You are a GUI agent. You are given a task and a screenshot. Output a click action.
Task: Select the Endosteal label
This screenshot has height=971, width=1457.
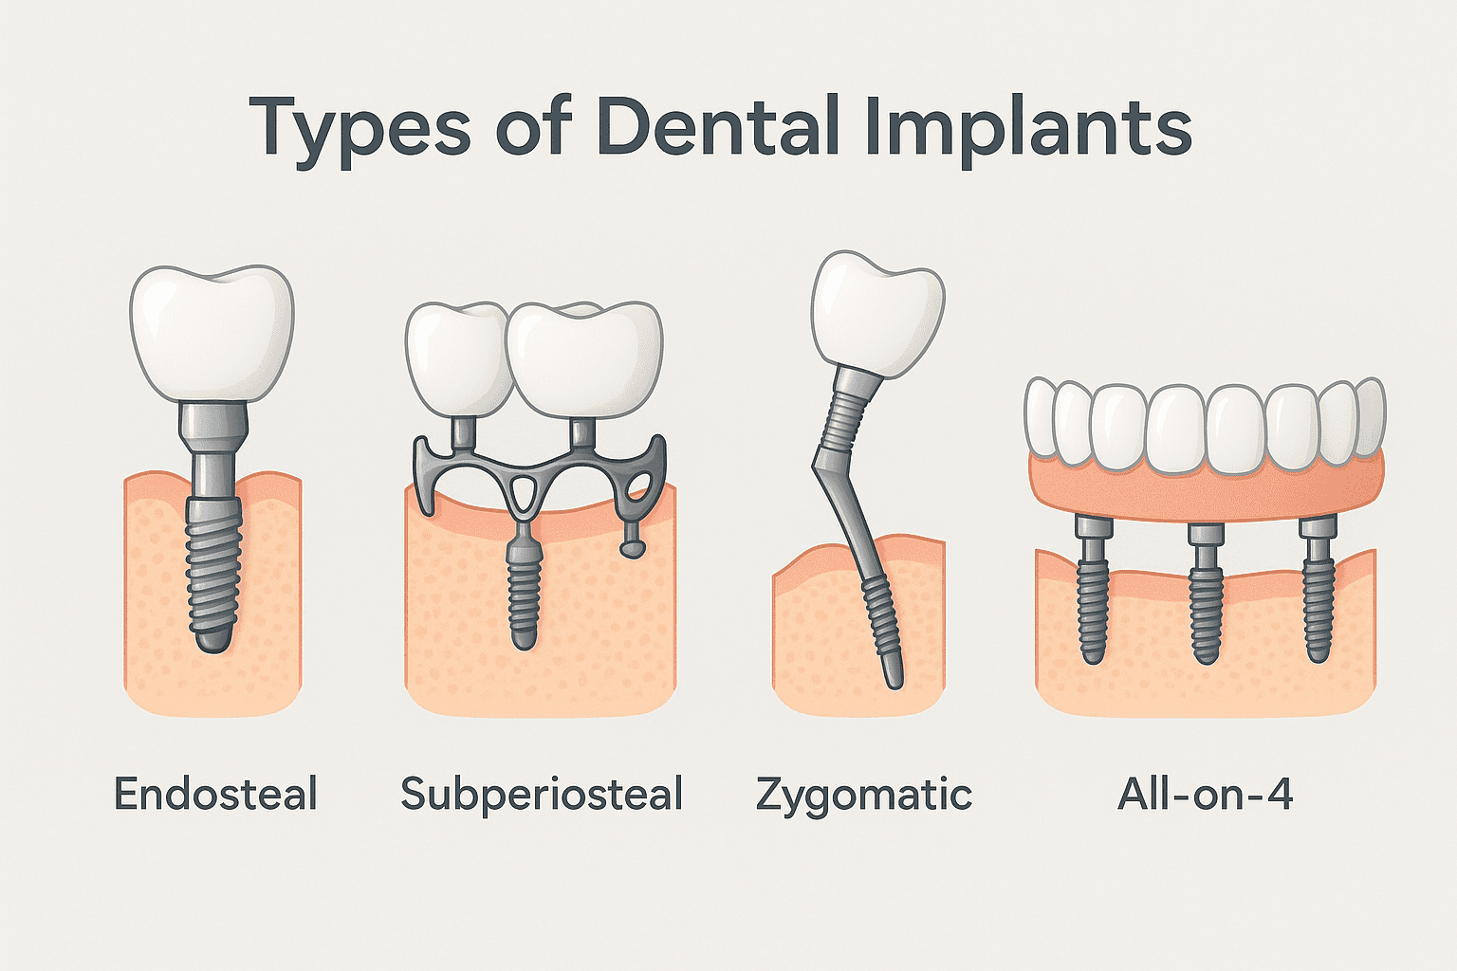[215, 794]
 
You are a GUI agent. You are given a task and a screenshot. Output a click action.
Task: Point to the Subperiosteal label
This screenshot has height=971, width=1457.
[542, 794]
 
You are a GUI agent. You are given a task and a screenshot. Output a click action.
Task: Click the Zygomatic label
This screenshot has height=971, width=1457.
[864, 794]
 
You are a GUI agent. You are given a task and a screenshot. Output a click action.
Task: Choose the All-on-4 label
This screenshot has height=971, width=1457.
[1205, 794]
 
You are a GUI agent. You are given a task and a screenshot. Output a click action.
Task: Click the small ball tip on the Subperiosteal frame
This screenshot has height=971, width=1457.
[630, 547]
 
